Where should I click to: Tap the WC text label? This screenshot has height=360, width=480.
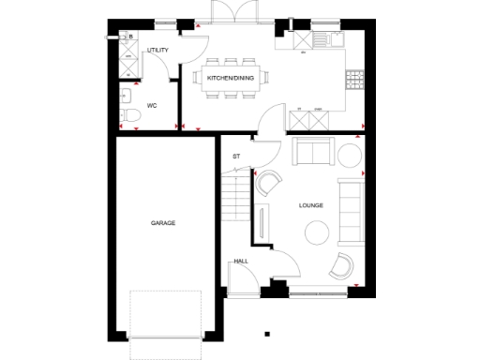tap(152, 105)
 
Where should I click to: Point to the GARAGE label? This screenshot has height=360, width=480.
tap(163, 222)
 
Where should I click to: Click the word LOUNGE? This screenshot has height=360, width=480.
tap(310, 203)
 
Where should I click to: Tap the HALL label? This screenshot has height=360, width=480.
tap(240, 262)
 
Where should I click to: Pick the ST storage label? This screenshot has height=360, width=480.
tap(237, 157)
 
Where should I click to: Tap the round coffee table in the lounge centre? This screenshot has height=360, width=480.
tap(316, 230)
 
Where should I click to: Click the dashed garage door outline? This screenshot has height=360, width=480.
tap(166, 314)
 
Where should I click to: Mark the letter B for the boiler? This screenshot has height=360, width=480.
tap(130, 37)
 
